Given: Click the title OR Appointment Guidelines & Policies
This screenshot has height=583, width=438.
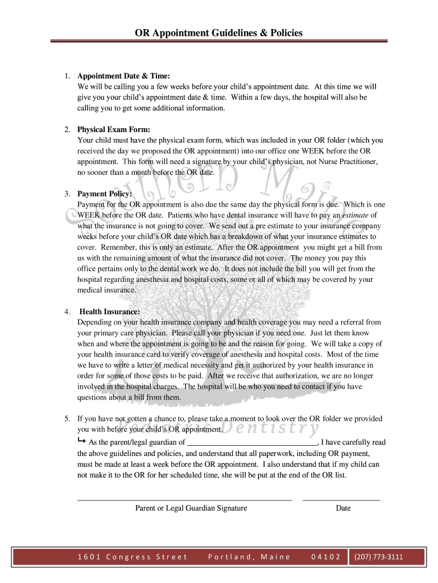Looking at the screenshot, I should [218, 33].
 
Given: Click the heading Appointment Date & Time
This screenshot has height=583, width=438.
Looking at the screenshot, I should [123, 76].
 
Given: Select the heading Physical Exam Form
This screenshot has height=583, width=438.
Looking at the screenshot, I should [114, 129].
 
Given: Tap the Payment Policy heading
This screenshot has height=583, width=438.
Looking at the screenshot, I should [105, 194].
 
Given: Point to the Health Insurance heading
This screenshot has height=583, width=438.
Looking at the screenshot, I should [110, 312].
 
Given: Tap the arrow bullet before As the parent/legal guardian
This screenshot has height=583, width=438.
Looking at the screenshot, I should [81, 441].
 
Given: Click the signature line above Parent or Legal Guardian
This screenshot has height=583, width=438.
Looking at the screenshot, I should [184, 499].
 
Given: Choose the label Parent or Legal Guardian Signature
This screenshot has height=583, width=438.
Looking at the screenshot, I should [191, 508].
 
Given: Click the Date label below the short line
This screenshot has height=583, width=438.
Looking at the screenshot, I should [343, 508].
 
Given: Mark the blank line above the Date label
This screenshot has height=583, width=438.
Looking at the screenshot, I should [341, 499].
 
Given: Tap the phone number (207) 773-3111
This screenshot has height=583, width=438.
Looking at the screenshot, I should [378, 557].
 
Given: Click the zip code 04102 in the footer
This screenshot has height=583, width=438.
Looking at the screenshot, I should [326, 557].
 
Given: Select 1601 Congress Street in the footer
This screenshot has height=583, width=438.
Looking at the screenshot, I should [132, 557].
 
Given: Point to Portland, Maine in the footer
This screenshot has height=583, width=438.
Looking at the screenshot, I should [249, 557].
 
